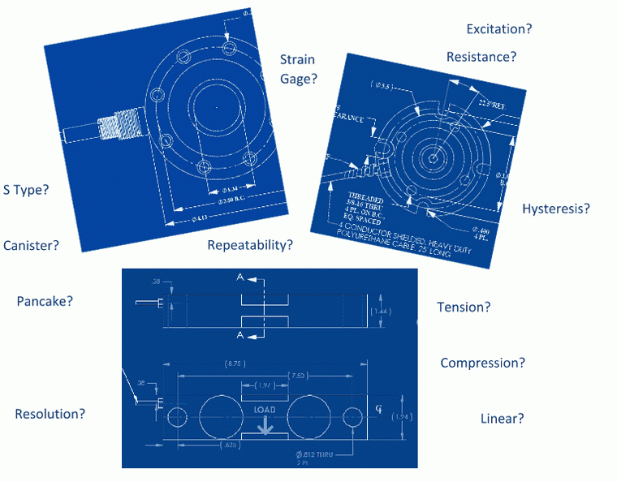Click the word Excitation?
(x=499, y=29)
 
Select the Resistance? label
(x=481, y=57)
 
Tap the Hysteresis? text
(x=555, y=209)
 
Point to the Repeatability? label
(x=250, y=245)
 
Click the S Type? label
(x=26, y=190)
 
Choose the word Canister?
(x=31, y=245)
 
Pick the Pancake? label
(x=45, y=301)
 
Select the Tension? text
(x=464, y=308)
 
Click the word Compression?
(x=482, y=363)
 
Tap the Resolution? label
(x=50, y=414)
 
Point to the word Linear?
(x=502, y=419)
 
